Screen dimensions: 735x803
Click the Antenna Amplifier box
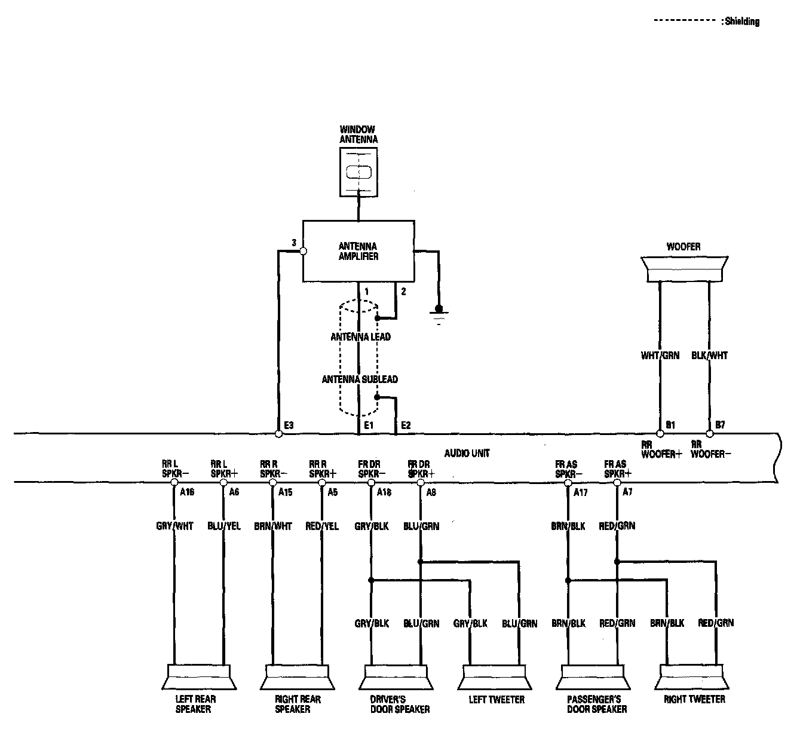point(358,251)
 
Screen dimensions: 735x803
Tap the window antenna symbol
point(358,171)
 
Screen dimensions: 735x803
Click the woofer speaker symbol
point(684,269)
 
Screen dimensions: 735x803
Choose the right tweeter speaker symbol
point(694,678)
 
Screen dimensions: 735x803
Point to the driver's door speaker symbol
point(396,678)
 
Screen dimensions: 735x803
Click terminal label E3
point(289,425)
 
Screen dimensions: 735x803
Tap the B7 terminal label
point(720,425)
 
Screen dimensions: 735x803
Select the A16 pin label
point(187,492)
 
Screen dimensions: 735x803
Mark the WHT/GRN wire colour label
point(660,355)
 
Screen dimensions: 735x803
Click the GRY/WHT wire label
point(174,526)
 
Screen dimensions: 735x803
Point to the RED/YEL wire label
point(322,526)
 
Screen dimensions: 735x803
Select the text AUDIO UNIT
point(467,453)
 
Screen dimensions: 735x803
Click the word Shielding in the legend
point(742,22)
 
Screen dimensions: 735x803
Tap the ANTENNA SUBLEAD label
point(360,379)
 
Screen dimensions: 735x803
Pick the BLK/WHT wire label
point(710,355)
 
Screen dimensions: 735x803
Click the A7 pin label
point(627,492)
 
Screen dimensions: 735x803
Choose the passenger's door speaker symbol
point(594,678)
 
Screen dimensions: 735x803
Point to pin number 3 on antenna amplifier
point(293,243)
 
